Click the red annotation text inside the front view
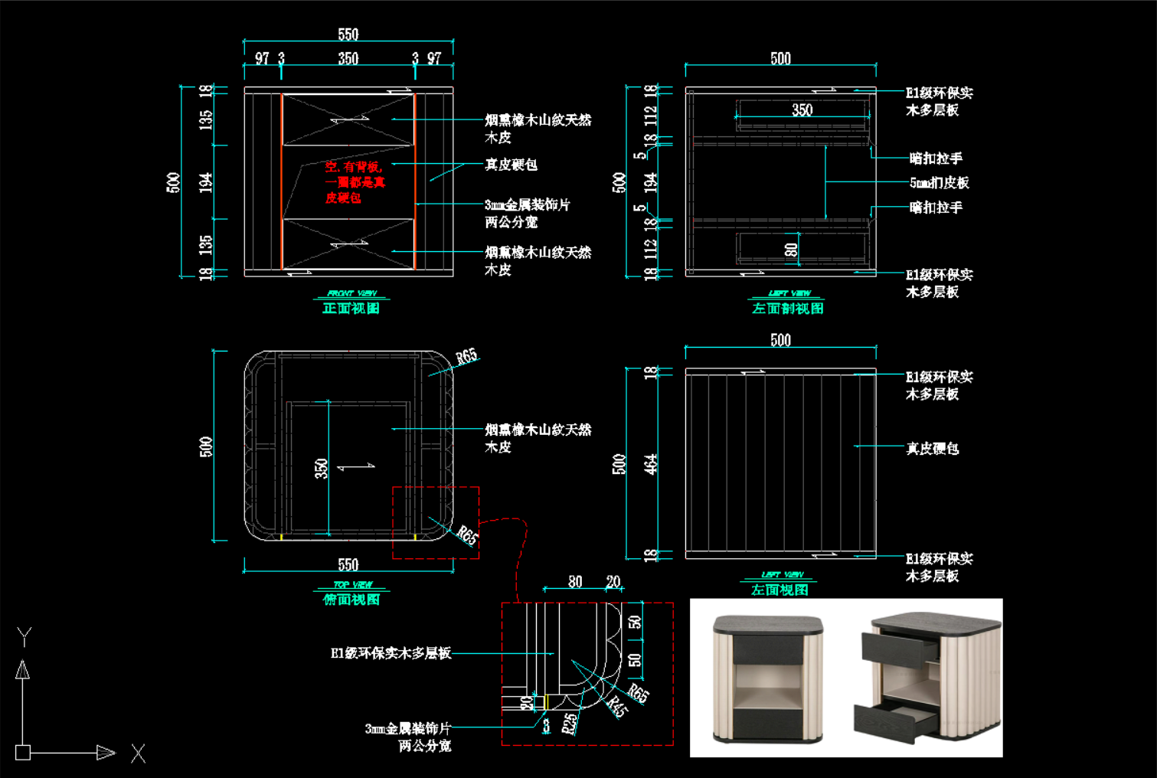click(355, 182)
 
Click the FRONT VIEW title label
click(351, 293)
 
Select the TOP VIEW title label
click(351, 585)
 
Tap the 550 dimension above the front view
click(348, 34)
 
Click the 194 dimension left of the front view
click(206, 182)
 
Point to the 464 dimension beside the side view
click(651, 464)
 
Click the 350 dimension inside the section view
click(802, 110)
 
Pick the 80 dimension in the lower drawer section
click(791, 249)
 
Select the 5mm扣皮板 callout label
click(939, 183)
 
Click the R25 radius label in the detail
click(569, 724)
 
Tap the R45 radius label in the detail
click(616, 707)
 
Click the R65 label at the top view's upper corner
click(466, 356)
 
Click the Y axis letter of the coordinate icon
click(25, 636)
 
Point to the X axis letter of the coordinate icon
click(138, 753)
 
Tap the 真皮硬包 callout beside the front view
click(511, 165)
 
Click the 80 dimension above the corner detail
click(575, 582)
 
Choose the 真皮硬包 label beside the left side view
click(932, 449)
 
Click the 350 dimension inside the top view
click(321, 468)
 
